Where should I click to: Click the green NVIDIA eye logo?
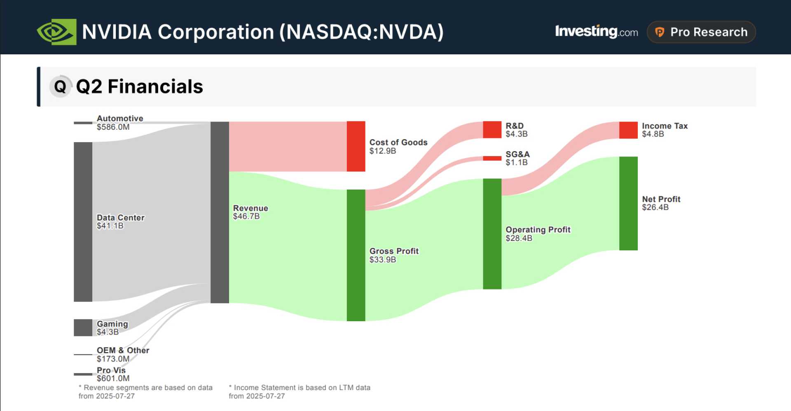[57, 32]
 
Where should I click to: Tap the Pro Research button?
[701, 32]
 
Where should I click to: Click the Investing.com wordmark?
[596, 32]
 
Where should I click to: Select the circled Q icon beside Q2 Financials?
[60, 86]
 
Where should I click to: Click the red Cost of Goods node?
[356, 146]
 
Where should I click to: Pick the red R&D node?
[492, 130]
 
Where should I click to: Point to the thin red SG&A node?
[492, 158]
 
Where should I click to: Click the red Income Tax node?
[628, 130]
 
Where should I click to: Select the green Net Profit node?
[628, 203]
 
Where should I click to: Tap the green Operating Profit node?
[492, 234]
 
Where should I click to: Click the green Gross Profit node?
[356, 255]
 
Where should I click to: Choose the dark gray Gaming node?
[83, 328]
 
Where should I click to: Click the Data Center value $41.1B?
[110, 226]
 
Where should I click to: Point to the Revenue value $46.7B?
[246, 217]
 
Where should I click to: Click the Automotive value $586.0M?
[113, 127]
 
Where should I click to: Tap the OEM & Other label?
[123, 350]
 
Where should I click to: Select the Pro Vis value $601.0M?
[113, 378]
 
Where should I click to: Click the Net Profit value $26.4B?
[655, 208]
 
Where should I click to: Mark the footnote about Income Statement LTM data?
[300, 392]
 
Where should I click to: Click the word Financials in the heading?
[155, 87]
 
